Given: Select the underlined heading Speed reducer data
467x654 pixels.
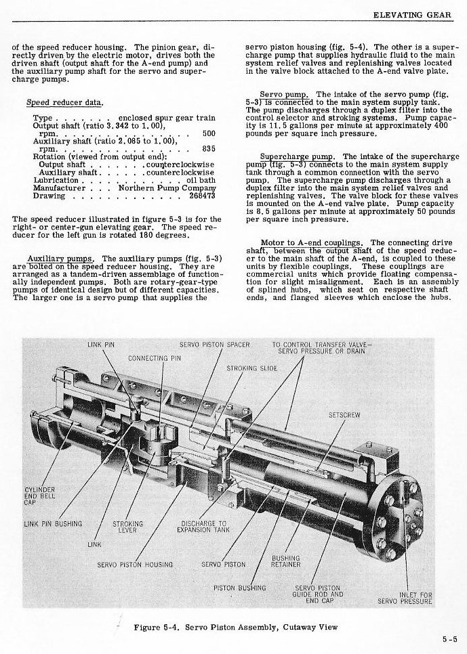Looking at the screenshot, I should click(x=64, y=102).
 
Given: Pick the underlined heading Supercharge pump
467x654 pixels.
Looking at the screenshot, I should click(x=293, y=156).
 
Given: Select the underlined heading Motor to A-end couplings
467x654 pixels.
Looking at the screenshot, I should click(x=312, y=242).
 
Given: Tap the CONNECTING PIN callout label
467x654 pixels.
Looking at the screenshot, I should click(x=154, y=357).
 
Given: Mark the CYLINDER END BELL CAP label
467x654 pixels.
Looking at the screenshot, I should click(x=39, y=496).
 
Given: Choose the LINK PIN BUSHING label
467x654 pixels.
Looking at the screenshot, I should click(x=53, y=523).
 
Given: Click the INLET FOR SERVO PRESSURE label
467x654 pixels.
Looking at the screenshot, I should click(x=405, y=598).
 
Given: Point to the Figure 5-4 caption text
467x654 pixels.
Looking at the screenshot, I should click(x=235, y=628).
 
